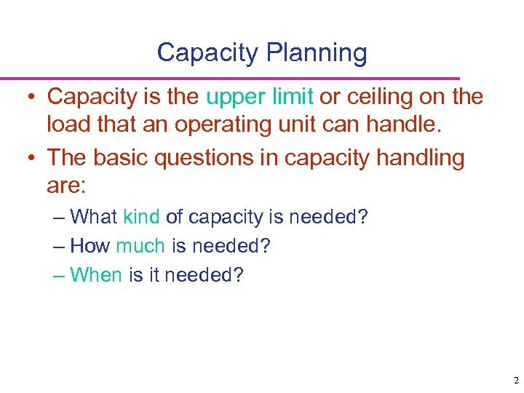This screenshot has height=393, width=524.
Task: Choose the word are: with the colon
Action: (x=66, y=186)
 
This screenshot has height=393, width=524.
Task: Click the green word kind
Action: (x=142, y=217)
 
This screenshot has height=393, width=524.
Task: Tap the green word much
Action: (x=140, y=246)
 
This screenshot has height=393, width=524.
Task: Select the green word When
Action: (x=96, y=275)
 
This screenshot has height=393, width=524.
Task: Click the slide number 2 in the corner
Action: (x=515, y=381)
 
